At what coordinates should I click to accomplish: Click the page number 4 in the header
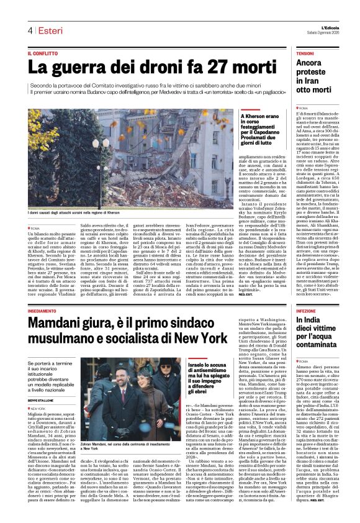(x=29, y=30)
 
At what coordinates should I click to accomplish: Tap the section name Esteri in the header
(x=48, y=30)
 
